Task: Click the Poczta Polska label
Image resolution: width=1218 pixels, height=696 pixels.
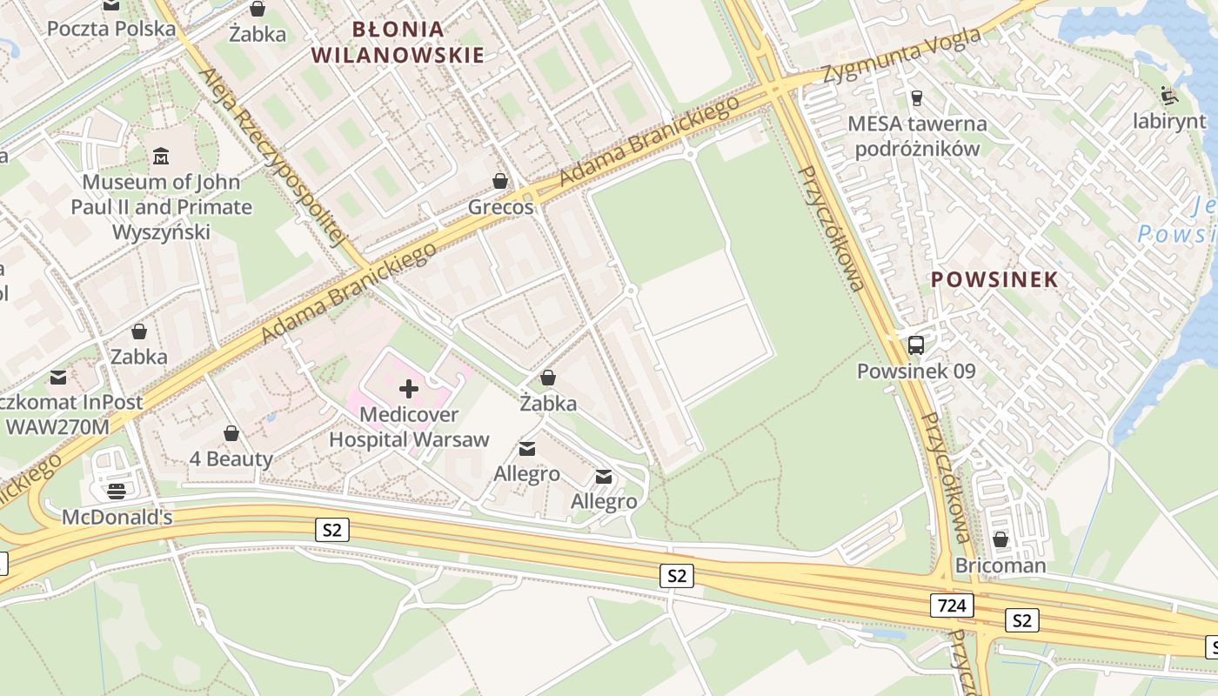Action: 110,29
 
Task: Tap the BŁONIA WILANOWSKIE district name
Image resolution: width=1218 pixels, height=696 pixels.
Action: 398,43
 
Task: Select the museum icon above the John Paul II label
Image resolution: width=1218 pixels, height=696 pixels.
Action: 161,157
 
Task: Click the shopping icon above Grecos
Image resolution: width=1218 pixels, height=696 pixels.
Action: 500,181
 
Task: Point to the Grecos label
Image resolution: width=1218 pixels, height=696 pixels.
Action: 500,208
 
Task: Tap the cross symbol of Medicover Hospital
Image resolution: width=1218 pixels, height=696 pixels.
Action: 408,389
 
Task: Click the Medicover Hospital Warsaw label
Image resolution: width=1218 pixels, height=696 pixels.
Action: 409,427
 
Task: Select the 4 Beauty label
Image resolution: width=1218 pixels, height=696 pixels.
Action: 231,458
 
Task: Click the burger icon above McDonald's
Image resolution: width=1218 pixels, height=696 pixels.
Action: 117,492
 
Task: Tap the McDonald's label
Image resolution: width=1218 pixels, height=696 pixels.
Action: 117,518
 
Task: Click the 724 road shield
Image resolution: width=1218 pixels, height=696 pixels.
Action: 951,606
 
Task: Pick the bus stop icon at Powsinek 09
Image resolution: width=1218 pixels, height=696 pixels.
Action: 916,345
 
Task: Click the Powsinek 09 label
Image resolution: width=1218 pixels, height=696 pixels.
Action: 916,371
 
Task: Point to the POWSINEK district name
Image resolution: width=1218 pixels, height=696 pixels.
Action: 994,280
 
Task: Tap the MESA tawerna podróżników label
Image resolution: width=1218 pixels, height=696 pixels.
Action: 917,136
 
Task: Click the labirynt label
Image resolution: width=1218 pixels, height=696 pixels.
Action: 1169,121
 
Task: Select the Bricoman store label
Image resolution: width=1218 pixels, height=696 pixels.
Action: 1000,565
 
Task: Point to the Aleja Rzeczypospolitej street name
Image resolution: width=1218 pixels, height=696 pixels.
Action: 273,157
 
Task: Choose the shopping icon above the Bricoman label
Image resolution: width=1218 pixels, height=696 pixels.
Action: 1000,539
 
